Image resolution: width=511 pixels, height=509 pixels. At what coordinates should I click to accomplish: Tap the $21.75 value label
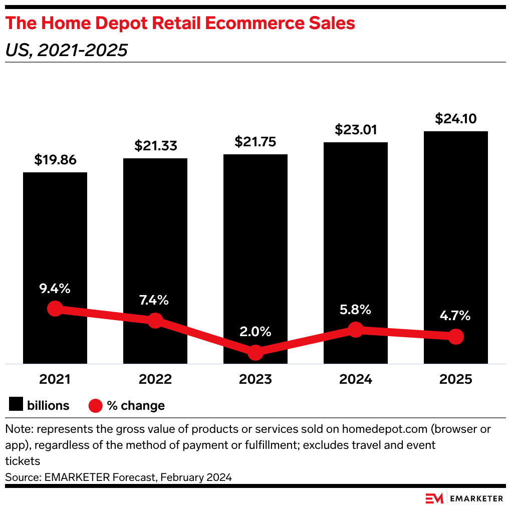255,142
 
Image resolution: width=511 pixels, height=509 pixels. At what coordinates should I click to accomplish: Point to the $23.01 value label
356,130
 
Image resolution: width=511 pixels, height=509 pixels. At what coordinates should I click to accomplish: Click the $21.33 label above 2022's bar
155,146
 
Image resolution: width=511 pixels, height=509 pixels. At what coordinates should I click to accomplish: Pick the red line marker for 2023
255,352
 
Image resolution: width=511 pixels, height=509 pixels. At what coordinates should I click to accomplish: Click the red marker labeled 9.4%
55,309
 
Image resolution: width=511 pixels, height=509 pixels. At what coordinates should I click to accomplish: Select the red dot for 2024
355,330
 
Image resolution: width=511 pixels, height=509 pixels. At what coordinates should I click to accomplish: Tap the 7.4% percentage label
155,301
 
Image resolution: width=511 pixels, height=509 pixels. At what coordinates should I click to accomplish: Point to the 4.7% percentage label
455,316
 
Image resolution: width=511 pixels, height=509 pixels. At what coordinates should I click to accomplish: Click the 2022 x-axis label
155,379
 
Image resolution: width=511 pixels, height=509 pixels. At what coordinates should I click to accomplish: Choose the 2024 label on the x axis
356,379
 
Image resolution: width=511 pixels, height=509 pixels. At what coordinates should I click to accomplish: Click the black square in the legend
17,405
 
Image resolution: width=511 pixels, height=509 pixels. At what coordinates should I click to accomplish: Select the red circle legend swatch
95,405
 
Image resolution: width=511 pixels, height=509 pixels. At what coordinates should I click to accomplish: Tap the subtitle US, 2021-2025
67,50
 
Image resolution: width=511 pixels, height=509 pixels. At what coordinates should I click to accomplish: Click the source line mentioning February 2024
119,477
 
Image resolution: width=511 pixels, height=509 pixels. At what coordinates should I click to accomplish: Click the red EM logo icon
434,498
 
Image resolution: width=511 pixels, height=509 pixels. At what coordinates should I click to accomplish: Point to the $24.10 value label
455,119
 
